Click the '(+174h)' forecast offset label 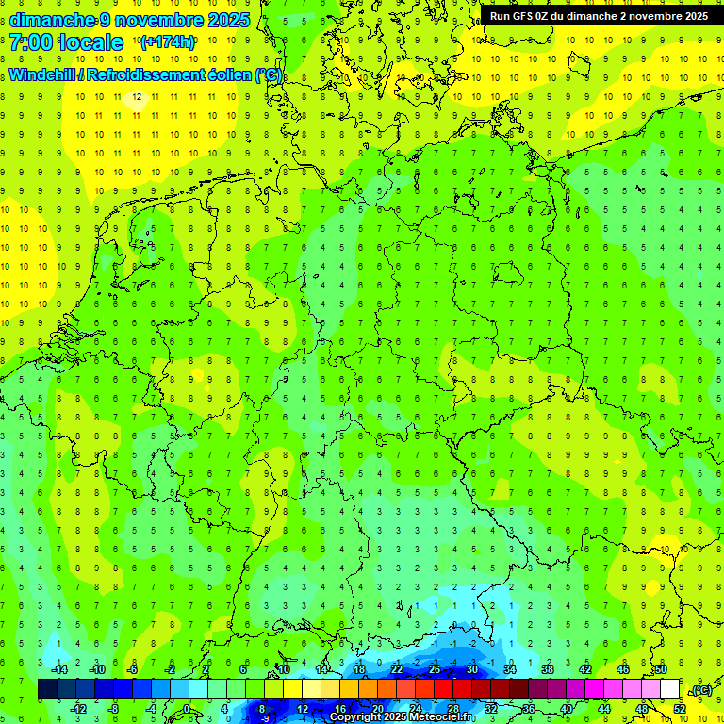[x=167, y=42]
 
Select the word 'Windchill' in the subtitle [x=43, y=75]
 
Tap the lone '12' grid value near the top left [x=138, y=96]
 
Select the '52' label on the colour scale [x=680, y=709]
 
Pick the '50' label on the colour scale [x=661, y=669]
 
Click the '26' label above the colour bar [x=435, y=669]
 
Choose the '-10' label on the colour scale [x=96, y=669]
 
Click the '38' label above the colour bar [x=548, y=669]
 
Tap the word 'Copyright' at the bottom [x=354, y=717]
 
